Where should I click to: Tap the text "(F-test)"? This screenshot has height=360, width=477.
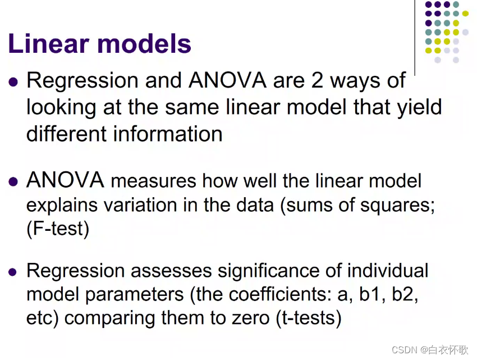(x=58, y=229)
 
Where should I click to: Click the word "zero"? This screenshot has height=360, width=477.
(x=248, y=318)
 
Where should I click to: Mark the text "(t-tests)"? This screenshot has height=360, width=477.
(x=308, y=318)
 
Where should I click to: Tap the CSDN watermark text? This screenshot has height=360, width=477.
(x=429, y=349)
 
